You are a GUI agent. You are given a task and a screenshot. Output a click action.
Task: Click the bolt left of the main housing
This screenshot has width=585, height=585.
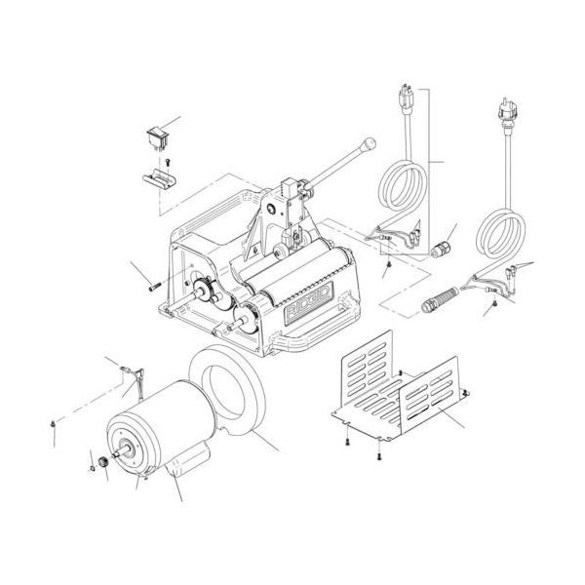pyautogui.click(x=154, y=286)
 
